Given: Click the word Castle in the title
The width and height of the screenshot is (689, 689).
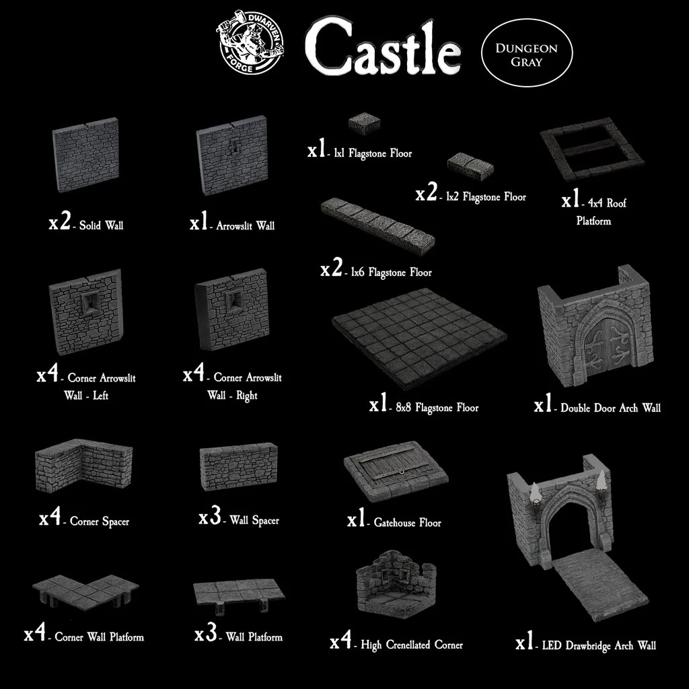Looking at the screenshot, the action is coord(383,48).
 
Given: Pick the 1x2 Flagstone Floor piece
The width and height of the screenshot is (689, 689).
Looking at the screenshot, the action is coord(470,166).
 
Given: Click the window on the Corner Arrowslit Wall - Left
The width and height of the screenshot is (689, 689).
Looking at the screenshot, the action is coord(91,301).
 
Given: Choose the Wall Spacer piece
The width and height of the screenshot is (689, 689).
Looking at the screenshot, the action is coord(239,466).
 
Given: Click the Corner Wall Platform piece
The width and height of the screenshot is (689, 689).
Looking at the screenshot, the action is coord(85,591).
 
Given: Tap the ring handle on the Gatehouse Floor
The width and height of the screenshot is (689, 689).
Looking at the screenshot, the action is coord(400,473).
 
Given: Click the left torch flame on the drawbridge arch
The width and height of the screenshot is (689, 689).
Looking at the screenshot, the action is coord(534,493).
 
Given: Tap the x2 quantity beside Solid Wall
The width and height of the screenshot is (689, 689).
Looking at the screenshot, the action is coord(59,222).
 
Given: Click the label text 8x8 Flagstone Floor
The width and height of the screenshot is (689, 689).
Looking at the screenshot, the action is coord(437,408).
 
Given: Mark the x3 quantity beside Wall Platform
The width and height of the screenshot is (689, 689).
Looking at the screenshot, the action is coord(206,633).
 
